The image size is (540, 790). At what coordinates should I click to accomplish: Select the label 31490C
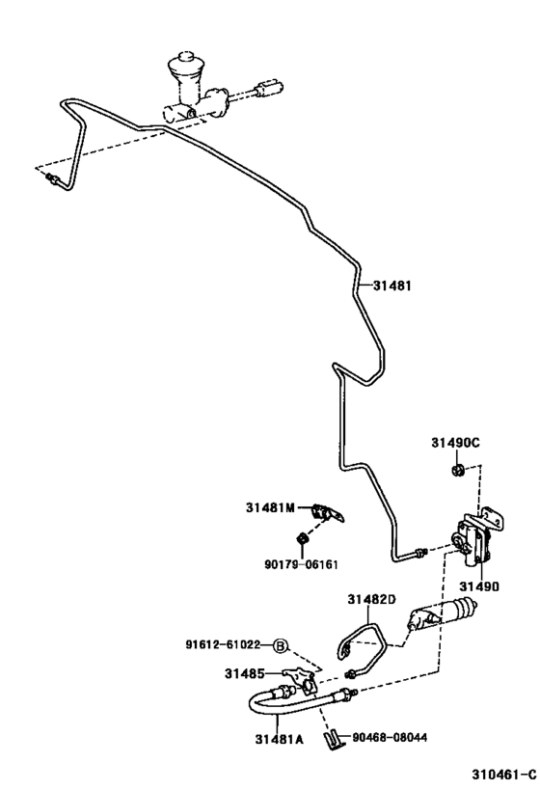(x=455, y=443)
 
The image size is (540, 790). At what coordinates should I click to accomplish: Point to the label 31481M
(x=274, y=505)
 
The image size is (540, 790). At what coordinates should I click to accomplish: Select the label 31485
(x=245, y=672)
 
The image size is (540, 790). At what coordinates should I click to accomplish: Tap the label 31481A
(x=278, y=740)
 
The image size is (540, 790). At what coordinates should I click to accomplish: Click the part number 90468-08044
(x=391, y=738)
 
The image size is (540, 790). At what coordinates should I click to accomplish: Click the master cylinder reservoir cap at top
(x=182, y=67)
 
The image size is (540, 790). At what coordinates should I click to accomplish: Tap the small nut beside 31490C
(x=457, y=470)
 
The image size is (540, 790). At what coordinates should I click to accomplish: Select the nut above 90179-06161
(x=303, y=536)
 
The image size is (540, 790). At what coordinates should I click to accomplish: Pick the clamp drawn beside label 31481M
(x=329, y=513)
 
